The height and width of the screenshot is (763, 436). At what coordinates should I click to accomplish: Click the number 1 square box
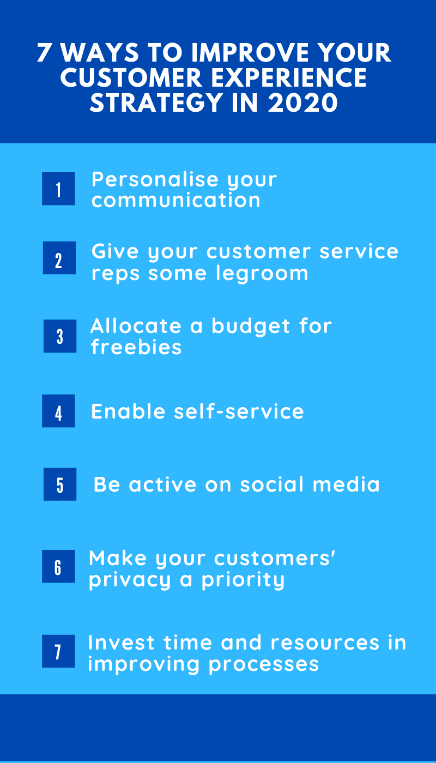point(59,189)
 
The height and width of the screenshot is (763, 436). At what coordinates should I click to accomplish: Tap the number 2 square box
point(59,258)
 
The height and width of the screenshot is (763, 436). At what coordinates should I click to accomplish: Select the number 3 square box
point(60,336)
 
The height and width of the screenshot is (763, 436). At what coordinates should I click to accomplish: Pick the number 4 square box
point(59,411)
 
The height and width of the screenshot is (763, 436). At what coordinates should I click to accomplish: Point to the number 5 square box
point(60,485)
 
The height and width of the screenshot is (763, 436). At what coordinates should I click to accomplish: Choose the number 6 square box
point(59,566)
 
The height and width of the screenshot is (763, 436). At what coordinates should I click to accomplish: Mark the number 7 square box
point(59,651)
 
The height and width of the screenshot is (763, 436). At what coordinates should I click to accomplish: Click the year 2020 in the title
point(302,103)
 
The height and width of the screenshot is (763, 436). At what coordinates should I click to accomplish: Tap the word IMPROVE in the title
point(251,53)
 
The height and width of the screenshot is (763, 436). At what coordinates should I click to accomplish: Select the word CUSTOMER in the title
point(131,77)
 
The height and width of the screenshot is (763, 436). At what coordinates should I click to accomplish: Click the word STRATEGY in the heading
point(156,103)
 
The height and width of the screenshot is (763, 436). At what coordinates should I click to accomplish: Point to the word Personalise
point(155,179)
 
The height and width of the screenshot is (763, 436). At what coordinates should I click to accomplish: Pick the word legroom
point(262,274)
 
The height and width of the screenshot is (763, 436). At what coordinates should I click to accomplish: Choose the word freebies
point(136,347)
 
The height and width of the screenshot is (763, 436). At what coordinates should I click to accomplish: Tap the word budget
point(251,327)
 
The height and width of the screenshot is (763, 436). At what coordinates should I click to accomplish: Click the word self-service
point(239,411)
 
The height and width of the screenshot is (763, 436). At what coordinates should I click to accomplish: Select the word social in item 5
point(272,485)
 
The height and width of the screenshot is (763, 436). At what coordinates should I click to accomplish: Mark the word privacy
point(130,580)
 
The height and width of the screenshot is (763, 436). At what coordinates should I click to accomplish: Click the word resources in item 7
point(325,643)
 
